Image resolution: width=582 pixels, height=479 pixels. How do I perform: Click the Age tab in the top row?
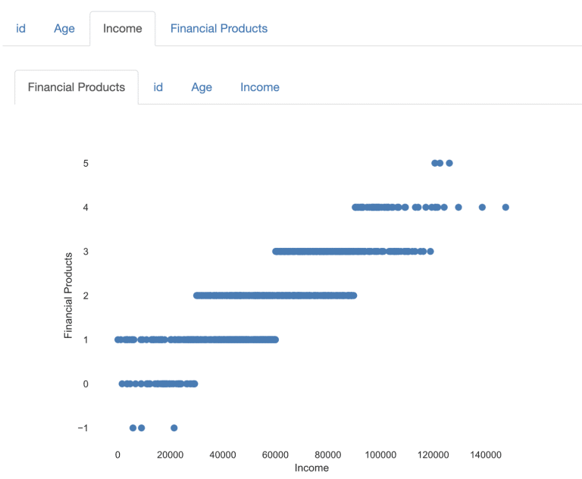64,29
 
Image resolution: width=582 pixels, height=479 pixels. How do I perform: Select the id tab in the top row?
21,29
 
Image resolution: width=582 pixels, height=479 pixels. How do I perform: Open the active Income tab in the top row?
122,29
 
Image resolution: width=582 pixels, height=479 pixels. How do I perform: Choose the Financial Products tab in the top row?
218,29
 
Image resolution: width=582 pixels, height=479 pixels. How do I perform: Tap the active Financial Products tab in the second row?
77,87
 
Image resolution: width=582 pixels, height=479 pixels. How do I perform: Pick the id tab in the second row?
158,87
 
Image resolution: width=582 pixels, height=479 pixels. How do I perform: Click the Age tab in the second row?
202,87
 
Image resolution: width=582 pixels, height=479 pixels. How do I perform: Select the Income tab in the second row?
260,87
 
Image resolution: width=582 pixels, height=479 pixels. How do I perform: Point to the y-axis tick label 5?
86,163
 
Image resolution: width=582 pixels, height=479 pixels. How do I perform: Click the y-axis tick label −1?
83,428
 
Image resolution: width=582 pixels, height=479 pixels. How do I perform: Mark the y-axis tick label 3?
86,252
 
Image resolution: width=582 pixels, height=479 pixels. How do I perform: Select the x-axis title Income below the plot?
311,468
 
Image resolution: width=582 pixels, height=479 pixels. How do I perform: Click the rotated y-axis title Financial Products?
68,296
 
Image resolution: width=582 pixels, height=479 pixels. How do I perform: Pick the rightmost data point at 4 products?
505,207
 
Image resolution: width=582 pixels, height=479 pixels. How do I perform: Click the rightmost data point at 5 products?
449,163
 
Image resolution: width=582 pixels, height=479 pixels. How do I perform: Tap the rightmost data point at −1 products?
174,427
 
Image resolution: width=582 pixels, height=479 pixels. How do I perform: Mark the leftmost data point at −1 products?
133,427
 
